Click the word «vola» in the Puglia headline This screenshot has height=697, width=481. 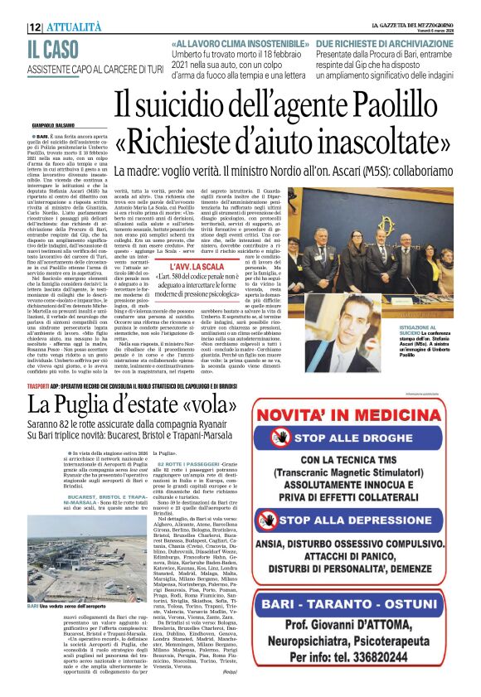176,405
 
